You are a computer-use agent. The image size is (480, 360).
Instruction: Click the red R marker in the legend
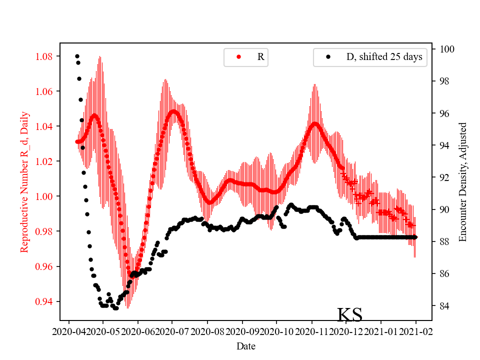point(238,57)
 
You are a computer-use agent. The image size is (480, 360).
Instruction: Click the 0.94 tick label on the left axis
point(44,301)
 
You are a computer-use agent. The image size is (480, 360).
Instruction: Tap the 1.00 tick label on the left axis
point(44,196)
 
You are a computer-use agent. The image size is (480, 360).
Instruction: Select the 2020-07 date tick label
point(172,331)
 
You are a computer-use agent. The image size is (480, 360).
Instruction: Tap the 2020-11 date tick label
point(311,331)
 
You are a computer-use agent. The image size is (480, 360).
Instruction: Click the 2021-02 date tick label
point(415,331)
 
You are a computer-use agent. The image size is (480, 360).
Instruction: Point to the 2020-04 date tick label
point(68,331)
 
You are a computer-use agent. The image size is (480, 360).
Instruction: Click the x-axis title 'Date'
point(245,346)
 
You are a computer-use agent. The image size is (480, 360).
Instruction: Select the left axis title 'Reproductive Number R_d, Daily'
point(24,181)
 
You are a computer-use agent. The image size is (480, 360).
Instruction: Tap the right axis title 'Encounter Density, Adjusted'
point(462,181)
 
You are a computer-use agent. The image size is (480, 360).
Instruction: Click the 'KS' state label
point(349,315)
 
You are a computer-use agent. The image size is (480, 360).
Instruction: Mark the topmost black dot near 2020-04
point(77,56)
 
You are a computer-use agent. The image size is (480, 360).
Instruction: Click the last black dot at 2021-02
point(415,237)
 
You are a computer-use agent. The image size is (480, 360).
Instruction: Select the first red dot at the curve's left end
point(77,141)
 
